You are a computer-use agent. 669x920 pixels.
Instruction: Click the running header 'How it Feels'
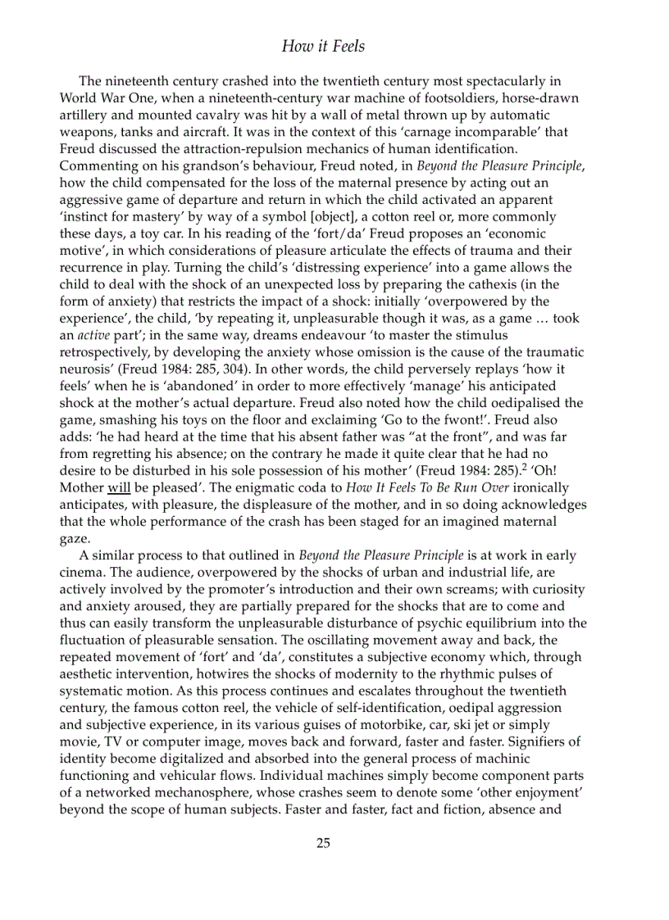323,46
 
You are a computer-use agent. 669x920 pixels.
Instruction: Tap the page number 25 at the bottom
323,843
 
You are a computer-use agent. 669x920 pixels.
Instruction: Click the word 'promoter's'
279,590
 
